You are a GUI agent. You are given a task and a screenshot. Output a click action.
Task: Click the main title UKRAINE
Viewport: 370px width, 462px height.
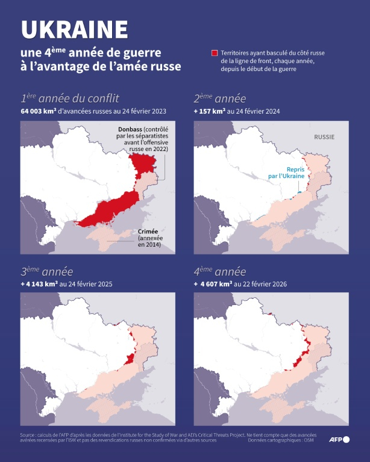pyautogui.click(x=75, y=29)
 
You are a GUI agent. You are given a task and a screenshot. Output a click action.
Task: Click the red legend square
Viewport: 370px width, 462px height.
pyautogui.click(x=214, y=54)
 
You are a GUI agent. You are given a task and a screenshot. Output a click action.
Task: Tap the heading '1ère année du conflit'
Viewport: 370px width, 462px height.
pyautogui.click(x=70, y=99)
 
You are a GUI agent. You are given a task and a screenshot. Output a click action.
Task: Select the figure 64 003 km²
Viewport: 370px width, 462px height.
pyautogui.click(x=43, y=111)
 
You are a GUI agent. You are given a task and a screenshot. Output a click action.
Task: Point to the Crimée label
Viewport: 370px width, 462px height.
pyautogui.click(x=148, y=231)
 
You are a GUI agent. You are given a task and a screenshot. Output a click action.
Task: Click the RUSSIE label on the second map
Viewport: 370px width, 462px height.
pyautogui.click(x=324, y=137)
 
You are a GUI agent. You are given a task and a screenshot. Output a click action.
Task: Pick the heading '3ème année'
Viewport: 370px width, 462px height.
pyautogui.click(x=46, y=271)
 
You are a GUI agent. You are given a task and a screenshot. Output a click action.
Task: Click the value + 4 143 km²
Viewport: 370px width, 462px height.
pyautogui.click(x=41, y=284)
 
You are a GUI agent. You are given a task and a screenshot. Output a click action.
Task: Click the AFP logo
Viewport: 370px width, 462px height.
pyautogui.click(x=339, y=440)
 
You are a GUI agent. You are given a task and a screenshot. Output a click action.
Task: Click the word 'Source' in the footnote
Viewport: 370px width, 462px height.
pyautogui.click(x=28, y=434)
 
